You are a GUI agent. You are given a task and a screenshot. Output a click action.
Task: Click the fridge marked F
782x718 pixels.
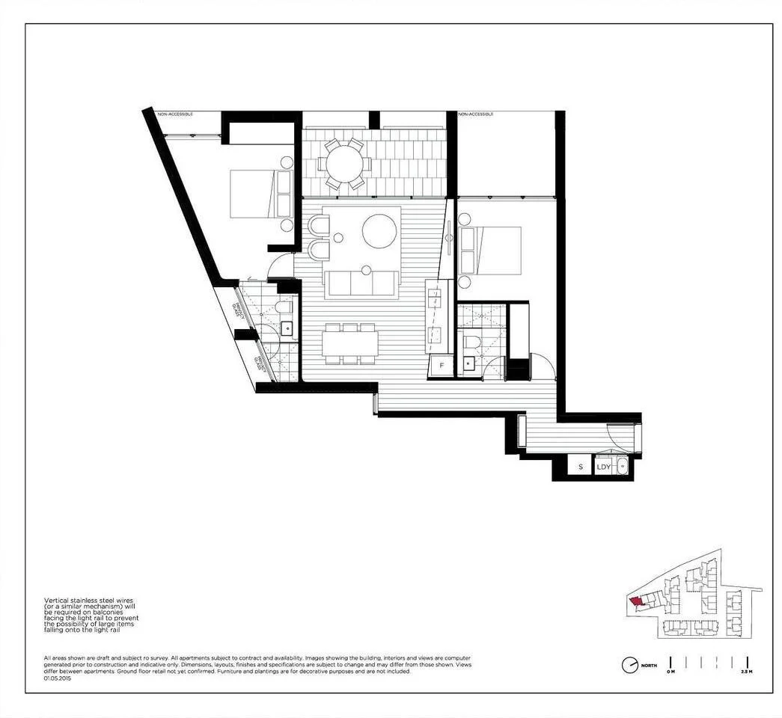pyautogui.click(x=442, y=366)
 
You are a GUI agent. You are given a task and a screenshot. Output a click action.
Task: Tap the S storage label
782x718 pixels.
pyautogui.click(x=580, y=467)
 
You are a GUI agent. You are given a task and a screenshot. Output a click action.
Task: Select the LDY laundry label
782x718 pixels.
pyautogui.click(x=604, y=467)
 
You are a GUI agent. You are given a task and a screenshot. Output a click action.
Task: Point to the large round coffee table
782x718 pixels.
pyautogui.click(x=379, y=231)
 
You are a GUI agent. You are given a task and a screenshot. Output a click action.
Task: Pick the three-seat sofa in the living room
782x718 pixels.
pyautogui.click(x=361, y=284)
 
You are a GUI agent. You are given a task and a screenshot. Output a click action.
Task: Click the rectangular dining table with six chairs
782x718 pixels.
pyautogui.click(x=351, y=343)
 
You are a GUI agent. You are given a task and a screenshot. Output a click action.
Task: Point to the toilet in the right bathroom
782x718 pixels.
pyautogui.click(x=471, y=343)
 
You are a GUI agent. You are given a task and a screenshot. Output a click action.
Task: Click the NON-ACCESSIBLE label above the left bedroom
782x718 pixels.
pyautogui.click(x=175, y=114)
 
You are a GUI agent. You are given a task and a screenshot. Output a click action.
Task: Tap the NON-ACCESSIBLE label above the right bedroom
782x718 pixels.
pyautogui.click(x=477, y=114)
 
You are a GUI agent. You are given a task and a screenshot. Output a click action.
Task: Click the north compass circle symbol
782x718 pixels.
pyautogui.click(x=630, y=665)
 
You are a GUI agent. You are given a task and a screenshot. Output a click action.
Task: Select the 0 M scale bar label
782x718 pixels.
pyautogui.click(x=670, y=672)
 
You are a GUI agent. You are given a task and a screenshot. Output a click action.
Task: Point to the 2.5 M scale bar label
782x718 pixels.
pyautogui.click(x=745, y=672)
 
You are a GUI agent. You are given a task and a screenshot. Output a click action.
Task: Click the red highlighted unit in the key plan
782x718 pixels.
pyautogui.click(x=635, y=601)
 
